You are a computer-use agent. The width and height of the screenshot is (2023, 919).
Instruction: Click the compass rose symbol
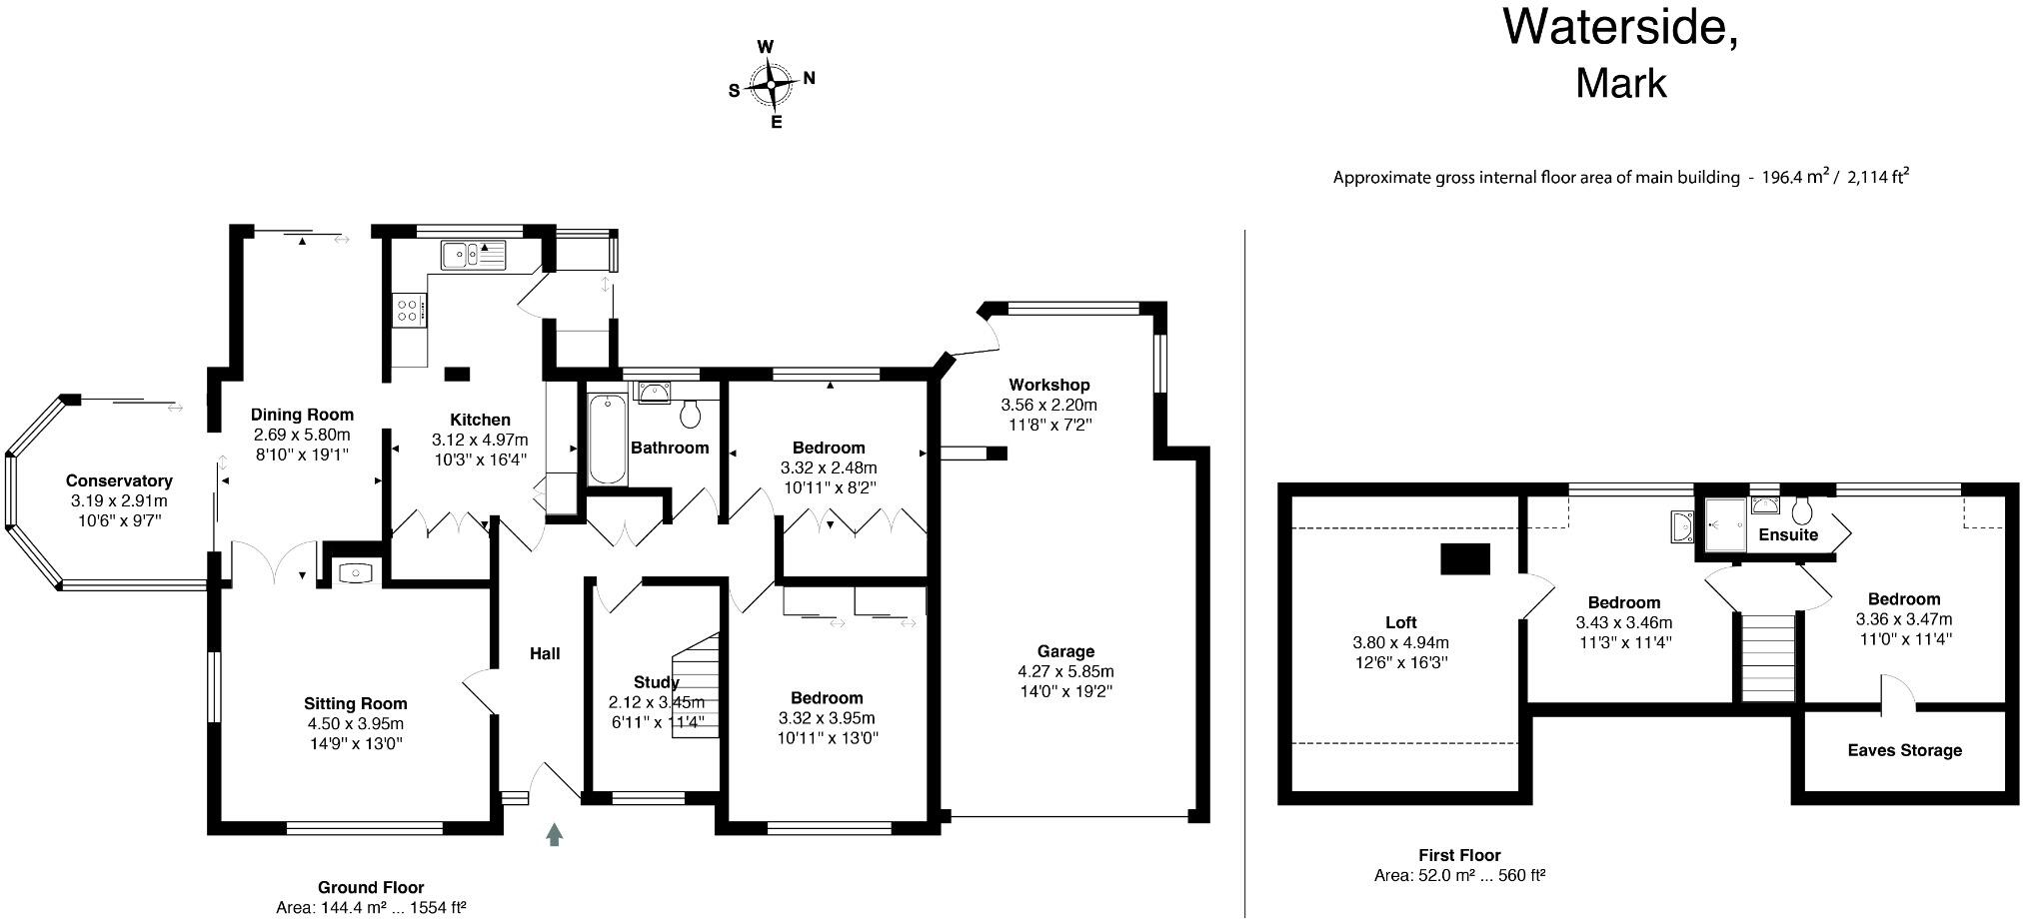tap(771, 85)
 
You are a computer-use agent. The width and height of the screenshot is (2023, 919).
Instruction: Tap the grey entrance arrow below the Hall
tap(554, 834)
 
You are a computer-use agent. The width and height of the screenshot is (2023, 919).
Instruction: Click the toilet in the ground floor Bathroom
tap(691, 412)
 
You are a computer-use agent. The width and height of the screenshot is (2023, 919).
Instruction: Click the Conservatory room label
tap(119, 480)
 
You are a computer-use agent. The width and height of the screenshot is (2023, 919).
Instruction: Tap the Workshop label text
tap(1048, 385)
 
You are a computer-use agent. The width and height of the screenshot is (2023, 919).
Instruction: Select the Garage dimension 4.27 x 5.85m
tap(1065, 671)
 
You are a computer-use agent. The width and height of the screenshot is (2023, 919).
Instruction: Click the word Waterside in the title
tap(1619, 27)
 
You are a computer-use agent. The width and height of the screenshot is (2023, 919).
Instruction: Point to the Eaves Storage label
tap(1904, 750)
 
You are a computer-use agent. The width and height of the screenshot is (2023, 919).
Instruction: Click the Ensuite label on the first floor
tap(1788, 534)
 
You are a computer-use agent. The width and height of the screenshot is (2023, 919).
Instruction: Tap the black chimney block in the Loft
tap(1464, 558)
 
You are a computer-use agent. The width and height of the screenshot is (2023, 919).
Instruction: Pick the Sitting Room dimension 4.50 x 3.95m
tap(355, 723)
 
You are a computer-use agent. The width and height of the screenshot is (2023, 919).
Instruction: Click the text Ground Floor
tap(371, 887)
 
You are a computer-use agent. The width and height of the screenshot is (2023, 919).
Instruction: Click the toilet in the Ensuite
tap(1802, 511)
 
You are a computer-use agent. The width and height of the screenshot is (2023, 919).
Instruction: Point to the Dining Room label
tap(302, 415)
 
